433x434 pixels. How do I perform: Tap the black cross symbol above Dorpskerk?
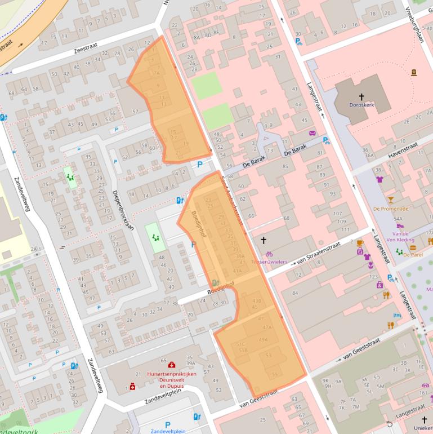coord(361,98)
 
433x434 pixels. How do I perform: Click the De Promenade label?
coord(390,208)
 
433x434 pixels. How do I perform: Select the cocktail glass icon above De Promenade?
coord(390,200)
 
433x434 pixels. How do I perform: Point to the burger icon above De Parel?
coord(413,247)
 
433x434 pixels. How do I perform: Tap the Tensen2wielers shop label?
coord(269,262)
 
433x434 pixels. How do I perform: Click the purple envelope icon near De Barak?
coord(312,133)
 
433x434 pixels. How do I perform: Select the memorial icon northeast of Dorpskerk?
coord(414,73)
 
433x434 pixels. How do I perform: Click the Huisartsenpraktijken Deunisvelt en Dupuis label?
coord(171,380)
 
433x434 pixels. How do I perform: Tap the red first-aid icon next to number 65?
coord(172,365)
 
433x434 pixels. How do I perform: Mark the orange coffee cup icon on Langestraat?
coord(360,242)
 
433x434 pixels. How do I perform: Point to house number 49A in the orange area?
coord(263,340)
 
